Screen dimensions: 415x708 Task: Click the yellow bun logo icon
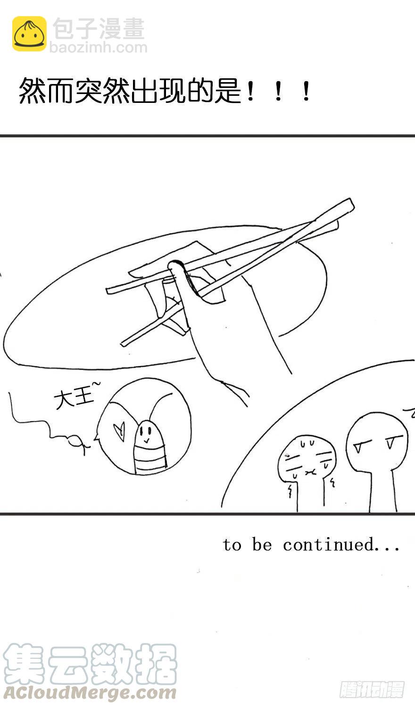point(29,34)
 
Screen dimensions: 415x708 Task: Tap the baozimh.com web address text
point(98,48)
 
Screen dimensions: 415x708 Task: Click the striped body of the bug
point(150,458)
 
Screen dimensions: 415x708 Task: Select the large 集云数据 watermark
point(90,664)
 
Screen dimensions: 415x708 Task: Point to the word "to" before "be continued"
point(232,545)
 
